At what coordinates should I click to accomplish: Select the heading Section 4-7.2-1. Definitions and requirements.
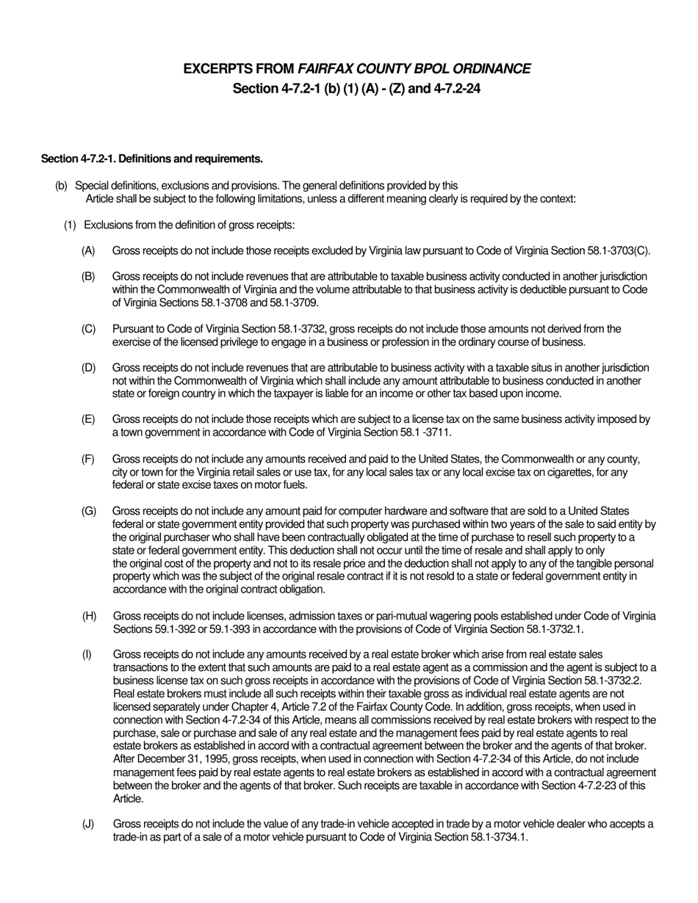tap(152, 159)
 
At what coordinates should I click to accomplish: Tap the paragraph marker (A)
tap(89, 251)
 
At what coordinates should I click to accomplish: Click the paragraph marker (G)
tap(89, 511)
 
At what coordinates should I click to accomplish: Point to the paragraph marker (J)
tap(88, 824)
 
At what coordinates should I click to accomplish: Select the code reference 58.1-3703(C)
tap(619, 251)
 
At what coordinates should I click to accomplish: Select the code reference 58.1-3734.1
tap(498, 837)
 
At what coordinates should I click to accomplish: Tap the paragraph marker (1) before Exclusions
tap(70, 225)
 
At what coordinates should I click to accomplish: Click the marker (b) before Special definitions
tap(61, 186)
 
